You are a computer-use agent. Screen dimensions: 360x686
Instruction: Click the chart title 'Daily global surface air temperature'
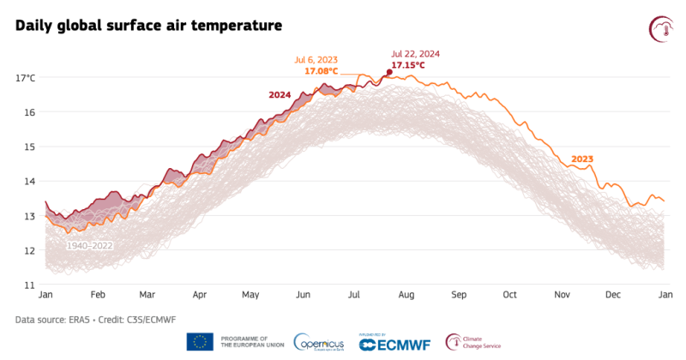tap(148, 26)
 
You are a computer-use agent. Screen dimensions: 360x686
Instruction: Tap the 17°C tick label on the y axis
tap(26, 78)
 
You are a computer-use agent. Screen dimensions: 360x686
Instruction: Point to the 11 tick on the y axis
tap(28, 285)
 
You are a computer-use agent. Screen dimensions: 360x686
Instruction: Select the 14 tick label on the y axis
tap(28, 182)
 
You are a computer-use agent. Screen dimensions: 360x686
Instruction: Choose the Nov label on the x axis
tap(562, 295)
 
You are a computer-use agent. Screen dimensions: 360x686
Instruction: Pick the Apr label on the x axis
tap(199, 295)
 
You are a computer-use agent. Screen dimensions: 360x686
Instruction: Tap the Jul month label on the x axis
tap(353, 295)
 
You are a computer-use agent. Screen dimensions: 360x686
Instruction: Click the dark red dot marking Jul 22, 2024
tap(389, 73)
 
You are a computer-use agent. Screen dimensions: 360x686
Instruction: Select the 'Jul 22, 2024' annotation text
tap(415, 53)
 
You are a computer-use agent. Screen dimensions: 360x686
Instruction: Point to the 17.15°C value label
tap(408, 65)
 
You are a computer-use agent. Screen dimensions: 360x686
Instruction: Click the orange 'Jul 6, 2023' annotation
tap(316, 59)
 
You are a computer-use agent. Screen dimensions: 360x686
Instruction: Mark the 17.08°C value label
tap(322, 71)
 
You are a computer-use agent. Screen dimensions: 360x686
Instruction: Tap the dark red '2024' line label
tap(280, 95)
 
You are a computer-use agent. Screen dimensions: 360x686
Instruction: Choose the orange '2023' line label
tap(581, 159)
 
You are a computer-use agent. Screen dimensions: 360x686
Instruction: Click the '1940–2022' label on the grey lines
tap(90, 246)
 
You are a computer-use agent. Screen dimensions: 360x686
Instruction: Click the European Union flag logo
tap(200, 342)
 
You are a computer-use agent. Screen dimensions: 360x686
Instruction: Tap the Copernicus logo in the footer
tap(319, 342)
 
